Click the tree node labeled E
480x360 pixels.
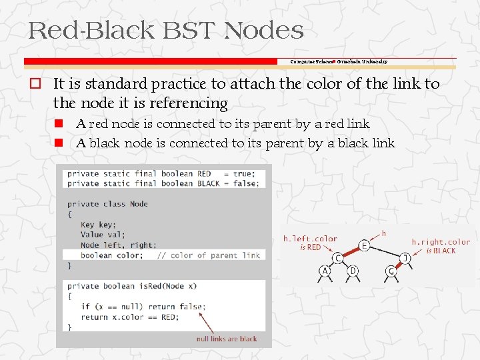[365, 245]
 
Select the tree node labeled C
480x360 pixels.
[338, 257]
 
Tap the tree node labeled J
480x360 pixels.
[405, 257]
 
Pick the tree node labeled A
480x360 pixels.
[325, 271]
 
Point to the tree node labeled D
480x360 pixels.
[351, 271]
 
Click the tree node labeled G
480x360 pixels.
[391, 271]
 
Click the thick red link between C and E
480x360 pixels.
[351, 251]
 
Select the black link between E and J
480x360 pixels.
[385, 251]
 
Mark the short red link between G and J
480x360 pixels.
[399, 264]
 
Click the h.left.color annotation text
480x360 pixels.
[310, 239]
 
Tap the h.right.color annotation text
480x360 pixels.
[441, 242]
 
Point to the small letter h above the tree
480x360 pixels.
[383, 233]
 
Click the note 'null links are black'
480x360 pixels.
[227, 339]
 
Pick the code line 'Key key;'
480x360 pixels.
[98, 225]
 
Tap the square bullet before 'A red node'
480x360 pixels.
[59, 124]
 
